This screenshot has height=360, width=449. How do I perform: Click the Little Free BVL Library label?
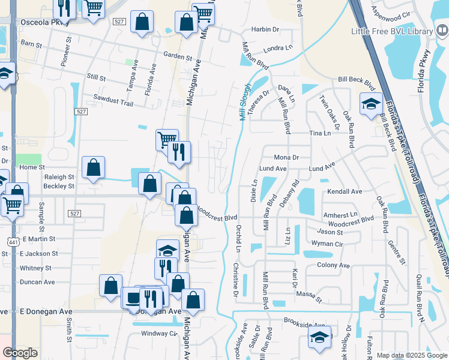[x=393, y=31]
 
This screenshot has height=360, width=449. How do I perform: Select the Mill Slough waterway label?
[x=245, y=102]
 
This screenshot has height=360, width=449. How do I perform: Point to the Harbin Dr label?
[x=265, y=29]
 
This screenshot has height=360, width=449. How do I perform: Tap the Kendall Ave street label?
[x=345, y=191]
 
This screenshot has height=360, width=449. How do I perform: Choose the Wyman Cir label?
[x=327, y=244]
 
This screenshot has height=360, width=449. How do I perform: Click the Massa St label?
[x=310, y=296]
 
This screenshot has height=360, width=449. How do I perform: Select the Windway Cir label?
[x=159, y=334]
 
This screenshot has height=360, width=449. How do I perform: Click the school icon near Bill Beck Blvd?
[x=370, y=104]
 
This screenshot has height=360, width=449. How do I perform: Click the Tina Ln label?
[x=319, y=133]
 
